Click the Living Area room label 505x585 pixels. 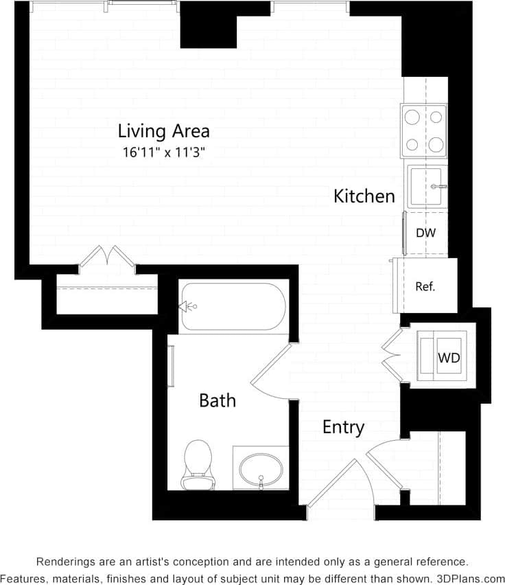(163, 130)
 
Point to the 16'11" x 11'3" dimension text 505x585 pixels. (164, 153)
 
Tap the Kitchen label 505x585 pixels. (364, 196)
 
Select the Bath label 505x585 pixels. (218, 400)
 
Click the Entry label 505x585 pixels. (343, 427)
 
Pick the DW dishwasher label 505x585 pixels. (425, 233)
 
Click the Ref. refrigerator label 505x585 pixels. (425, 287)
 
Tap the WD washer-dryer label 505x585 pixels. (449, 358)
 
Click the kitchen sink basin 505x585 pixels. (425, 185)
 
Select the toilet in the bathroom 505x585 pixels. (198, 464)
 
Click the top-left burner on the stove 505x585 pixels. (412, 117)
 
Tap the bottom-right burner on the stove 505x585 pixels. (436, 144)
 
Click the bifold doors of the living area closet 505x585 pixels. (107, 258)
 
